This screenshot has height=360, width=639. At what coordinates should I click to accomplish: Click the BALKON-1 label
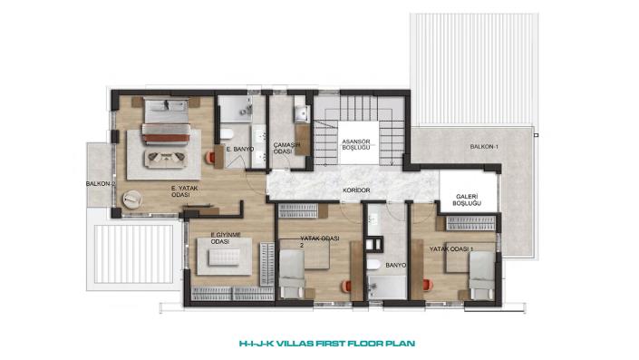[484, 146]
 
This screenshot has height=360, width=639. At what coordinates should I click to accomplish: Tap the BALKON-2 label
[101, 184]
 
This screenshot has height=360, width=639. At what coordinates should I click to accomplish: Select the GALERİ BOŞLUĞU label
[467, 199]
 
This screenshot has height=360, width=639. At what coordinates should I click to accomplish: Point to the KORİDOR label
[356, 190]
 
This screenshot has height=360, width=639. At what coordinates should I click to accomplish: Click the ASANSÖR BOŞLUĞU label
[356, 145]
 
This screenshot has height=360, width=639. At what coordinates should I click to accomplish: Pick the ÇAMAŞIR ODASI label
[286, 148]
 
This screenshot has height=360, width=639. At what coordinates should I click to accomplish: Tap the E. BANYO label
[240, 150]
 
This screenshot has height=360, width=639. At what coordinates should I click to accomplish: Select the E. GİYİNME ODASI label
[226, 238]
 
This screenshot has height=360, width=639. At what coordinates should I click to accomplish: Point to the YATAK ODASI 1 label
[451, 248]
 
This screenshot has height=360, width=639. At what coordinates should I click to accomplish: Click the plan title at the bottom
[327, 344]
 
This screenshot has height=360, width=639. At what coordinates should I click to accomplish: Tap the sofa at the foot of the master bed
[166, 159]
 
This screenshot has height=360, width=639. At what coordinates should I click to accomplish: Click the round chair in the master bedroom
[132, 199]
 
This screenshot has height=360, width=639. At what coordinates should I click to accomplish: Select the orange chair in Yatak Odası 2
[346, 287]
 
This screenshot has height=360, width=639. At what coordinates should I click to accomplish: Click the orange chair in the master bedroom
[210, 158]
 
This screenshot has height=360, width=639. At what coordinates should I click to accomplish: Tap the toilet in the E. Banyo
[227, 133]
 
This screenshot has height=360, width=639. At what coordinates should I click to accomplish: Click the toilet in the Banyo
[373, 265]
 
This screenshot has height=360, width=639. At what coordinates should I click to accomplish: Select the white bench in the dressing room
[224, 258]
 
